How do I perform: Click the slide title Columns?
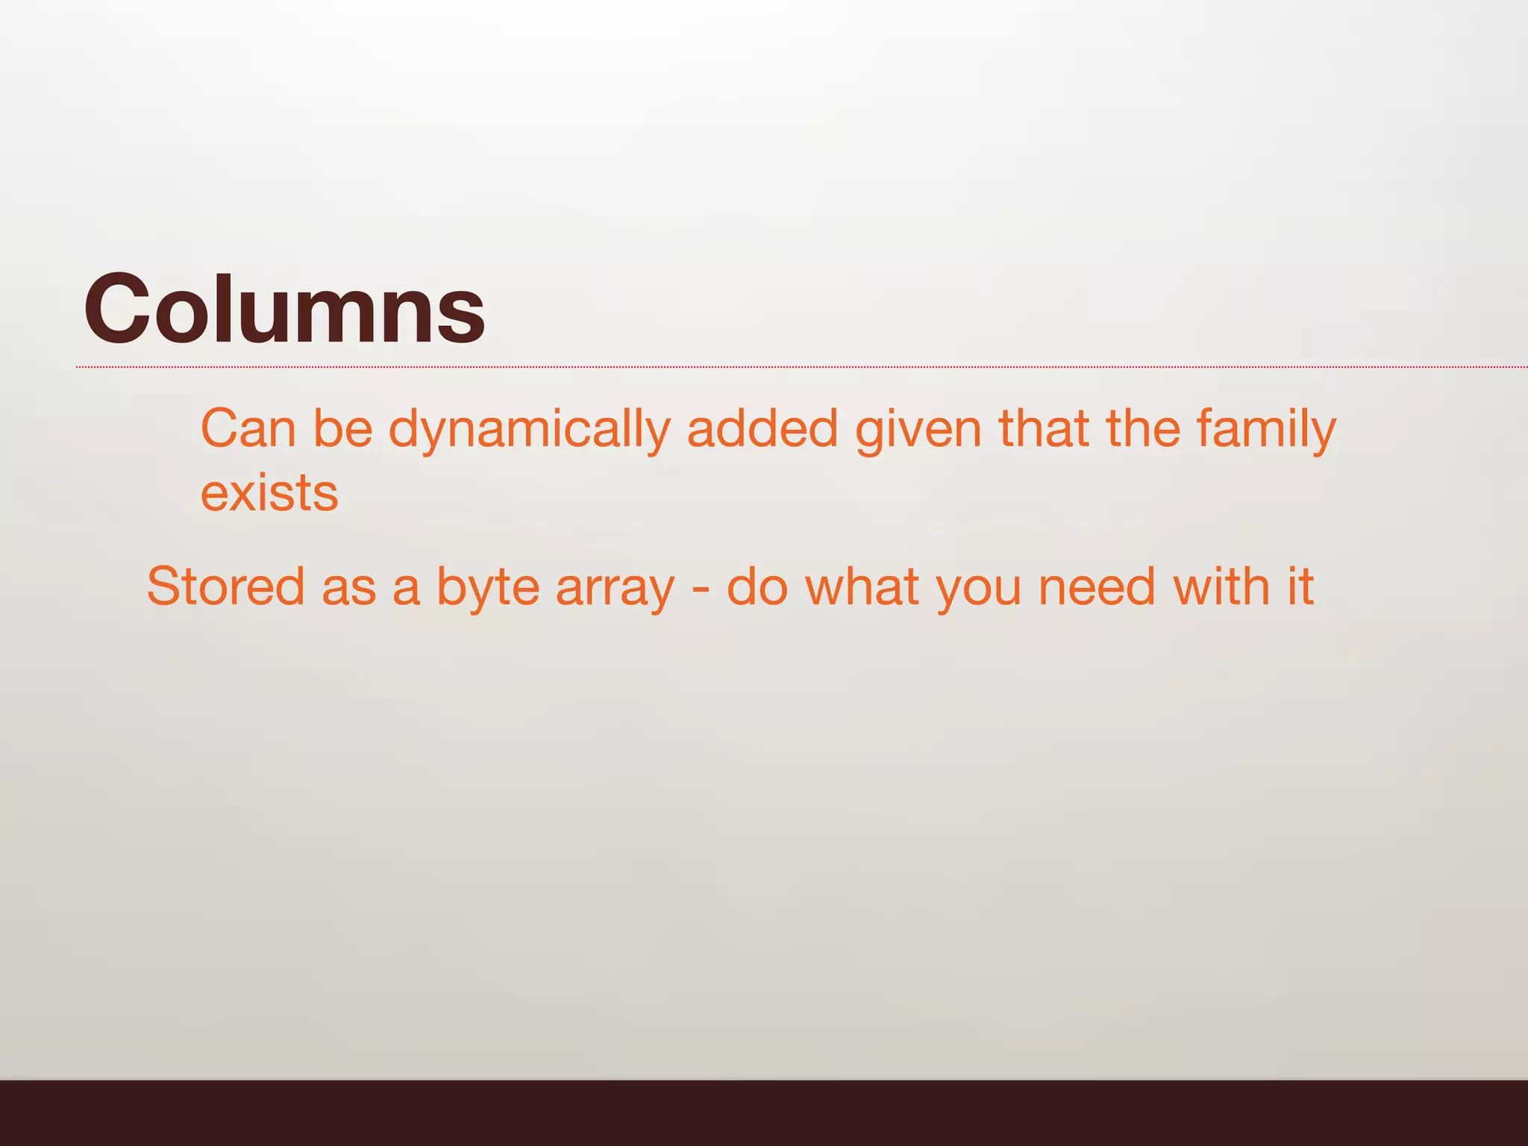(x=284, y=309)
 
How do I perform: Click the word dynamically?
(x=529, y=430)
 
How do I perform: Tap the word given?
(x=918, y=430)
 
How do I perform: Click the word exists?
(x=269, y=493)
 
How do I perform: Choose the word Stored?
(x=225, y=586)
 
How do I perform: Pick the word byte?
(x=487, y=588)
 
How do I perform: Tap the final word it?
(x=1300, y=586)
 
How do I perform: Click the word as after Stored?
(x=348, y=588)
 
